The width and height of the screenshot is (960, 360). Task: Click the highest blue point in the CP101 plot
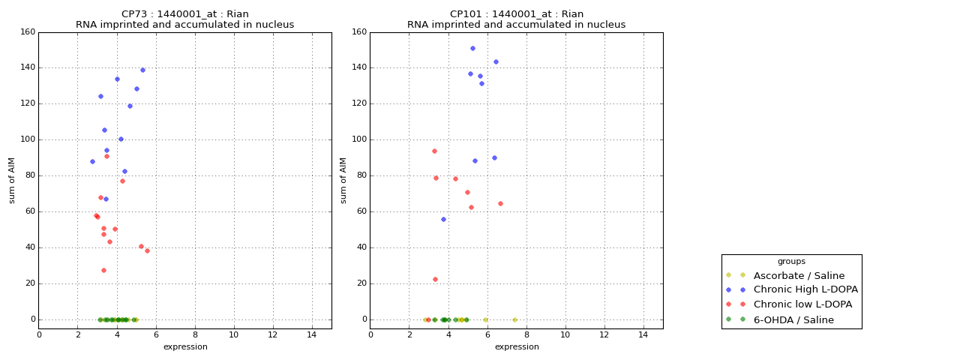click(x=472, y=48)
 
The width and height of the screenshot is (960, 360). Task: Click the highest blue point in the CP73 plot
click(x=142, y=70)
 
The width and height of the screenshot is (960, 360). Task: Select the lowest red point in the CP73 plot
click(x=103, y=270)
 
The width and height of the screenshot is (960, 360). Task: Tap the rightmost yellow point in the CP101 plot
click(x=514, y=319)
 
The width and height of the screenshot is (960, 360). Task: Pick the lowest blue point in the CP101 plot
click(x=443, y=219)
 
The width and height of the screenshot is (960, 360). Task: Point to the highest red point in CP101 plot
click(x=434, y=151)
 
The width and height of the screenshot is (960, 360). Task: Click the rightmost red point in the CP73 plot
click(x=147, y=250)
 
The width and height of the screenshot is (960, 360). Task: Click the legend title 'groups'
click(x=791, y=262)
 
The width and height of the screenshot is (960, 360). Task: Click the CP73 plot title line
click(x=184, y=14)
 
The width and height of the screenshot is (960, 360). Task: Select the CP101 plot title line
click(x=516, y=14)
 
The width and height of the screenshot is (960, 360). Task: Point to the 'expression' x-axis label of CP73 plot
click(x=185, y=346)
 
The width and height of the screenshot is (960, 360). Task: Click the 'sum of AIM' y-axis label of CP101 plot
click(x=343, y=180)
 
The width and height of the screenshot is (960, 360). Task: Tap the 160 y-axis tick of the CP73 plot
click(x=28, y=32)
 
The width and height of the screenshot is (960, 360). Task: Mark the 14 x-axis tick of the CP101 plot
click(x=643, y=334)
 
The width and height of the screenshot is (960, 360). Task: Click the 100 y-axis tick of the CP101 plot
click(x=359, y=139)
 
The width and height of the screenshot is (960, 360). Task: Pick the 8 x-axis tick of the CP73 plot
click(x=195, y=334)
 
